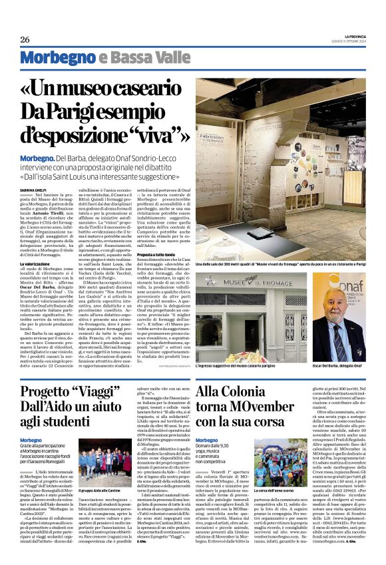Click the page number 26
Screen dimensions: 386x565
24,39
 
